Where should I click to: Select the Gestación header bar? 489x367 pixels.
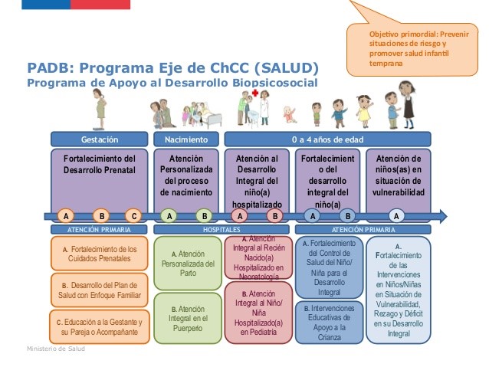pyautogui.click(x=100, y=139)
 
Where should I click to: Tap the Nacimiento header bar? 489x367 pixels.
pyautogui.click(x=185, y=139)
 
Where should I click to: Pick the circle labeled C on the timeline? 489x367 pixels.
pyautogui.click(x=134, y=216)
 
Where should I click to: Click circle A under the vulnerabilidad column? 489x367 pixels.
pyautogui.click(x=396, y=216)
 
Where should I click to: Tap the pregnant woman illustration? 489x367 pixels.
pyautogui.click(x=100, y=110)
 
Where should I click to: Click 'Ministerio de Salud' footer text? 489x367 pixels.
pyautogui.click(x=54, y=349)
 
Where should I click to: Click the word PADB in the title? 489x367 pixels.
pyautogui.click(x=51, y=67)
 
